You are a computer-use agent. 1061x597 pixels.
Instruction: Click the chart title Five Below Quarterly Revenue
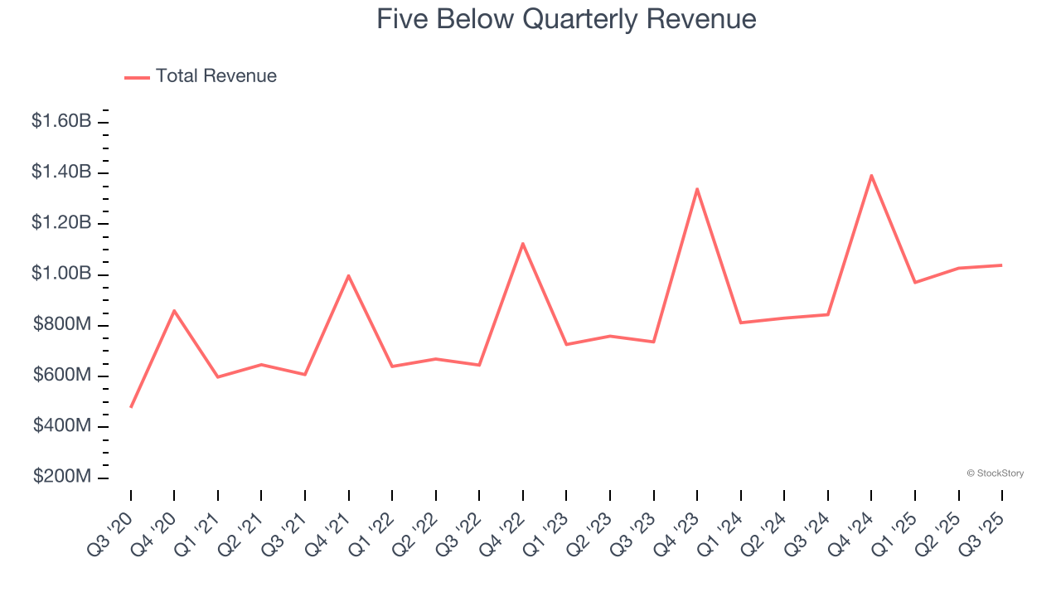point(566,19)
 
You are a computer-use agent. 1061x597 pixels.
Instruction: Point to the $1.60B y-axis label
point(61,121)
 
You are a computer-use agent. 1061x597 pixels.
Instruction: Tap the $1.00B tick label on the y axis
point(61,274)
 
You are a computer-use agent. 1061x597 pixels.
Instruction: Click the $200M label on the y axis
point(62,478)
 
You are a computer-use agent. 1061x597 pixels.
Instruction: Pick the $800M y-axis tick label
point(62,325)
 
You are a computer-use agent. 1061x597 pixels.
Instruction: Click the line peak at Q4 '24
point(871,175)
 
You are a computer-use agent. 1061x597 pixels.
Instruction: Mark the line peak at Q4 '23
point(697,189)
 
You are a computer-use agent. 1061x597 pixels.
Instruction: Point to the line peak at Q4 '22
point(523,243)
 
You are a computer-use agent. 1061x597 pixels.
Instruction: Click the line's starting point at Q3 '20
point(131,407)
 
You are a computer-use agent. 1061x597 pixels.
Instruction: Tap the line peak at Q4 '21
point(348,275)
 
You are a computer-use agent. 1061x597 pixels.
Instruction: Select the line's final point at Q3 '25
point(1001,265)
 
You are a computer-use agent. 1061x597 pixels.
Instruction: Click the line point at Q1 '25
point(915,283)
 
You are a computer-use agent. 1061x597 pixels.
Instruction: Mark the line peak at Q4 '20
point(174,310)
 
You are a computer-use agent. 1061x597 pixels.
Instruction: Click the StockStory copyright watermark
point(995,473)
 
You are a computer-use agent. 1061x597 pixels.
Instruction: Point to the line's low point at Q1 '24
point(740,323)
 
